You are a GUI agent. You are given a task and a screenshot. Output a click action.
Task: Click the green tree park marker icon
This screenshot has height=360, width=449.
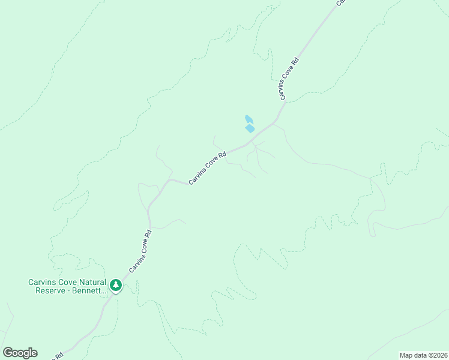point(116,285)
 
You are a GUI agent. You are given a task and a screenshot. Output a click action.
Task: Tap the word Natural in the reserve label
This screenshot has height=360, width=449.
point(91,282)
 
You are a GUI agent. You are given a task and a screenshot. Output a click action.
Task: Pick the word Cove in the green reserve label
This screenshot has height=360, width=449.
point(66,282)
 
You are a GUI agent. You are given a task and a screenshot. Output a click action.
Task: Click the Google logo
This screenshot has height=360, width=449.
point(20,353)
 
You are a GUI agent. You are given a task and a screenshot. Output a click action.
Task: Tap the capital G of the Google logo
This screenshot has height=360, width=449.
point(8,353)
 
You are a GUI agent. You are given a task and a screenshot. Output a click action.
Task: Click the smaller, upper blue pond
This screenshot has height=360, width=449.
point(249,119)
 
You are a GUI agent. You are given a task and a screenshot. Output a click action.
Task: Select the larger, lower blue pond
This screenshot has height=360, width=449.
point(250,128)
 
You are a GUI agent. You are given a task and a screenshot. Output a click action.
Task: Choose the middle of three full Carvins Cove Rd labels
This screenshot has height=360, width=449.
point(207,168)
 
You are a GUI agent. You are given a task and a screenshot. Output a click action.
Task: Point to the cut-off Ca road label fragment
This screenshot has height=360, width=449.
point(340,2)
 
